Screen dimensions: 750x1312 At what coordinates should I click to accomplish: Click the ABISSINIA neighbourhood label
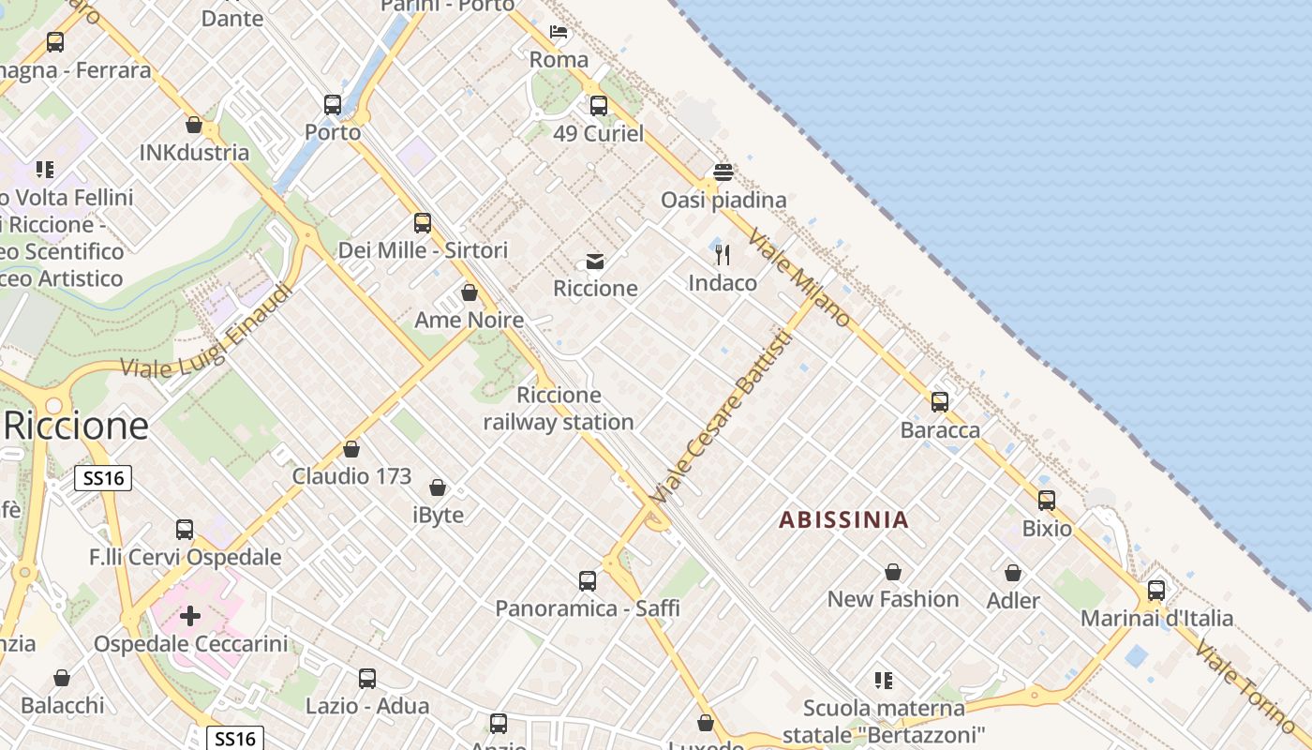(x=843, y=519)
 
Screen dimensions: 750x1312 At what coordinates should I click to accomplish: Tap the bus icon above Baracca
(x=939, y=402)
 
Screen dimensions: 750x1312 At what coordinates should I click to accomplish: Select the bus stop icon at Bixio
(x=1046, y=501)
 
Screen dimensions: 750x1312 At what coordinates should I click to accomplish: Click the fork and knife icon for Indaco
(x=722, y=254)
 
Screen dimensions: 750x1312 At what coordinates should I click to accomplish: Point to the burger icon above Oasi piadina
(x=723, y=172)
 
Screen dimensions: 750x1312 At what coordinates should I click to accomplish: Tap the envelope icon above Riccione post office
(x=594, y=261)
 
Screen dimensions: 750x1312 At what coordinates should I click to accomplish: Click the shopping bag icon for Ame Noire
(x=470, y=292)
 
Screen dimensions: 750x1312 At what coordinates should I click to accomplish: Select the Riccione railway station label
(x=559, y=409)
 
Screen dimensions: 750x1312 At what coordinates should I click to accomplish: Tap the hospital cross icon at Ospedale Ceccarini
(x=190, y=616)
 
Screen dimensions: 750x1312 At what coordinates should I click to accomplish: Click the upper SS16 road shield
(x=103, y=478)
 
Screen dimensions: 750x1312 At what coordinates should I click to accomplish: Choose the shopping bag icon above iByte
(x=437, y=487)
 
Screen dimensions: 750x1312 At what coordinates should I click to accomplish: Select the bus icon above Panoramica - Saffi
(x=587, y=581)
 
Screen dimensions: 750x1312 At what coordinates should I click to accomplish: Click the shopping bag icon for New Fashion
(x=893, y=572)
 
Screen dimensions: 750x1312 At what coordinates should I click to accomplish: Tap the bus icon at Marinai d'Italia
(x=1155, y=591)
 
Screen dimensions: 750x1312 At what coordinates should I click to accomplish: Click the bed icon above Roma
(x=559, y=32)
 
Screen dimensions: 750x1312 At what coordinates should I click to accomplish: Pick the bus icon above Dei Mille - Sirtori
(x=423, y=223)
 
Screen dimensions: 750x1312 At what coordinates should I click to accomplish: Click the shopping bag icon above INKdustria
(x=194, y=125)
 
